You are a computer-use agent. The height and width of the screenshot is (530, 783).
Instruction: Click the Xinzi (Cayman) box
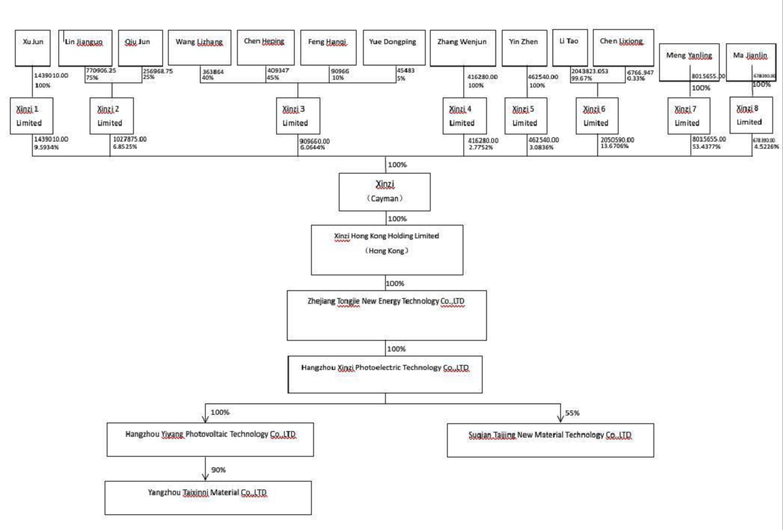click(385, 191)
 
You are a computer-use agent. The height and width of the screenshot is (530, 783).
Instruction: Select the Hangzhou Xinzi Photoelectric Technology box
click(385, 373)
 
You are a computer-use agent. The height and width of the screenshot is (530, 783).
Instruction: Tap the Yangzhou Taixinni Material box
click(208, 497)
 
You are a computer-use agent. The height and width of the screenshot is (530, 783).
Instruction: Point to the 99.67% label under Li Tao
click(582, 78)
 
